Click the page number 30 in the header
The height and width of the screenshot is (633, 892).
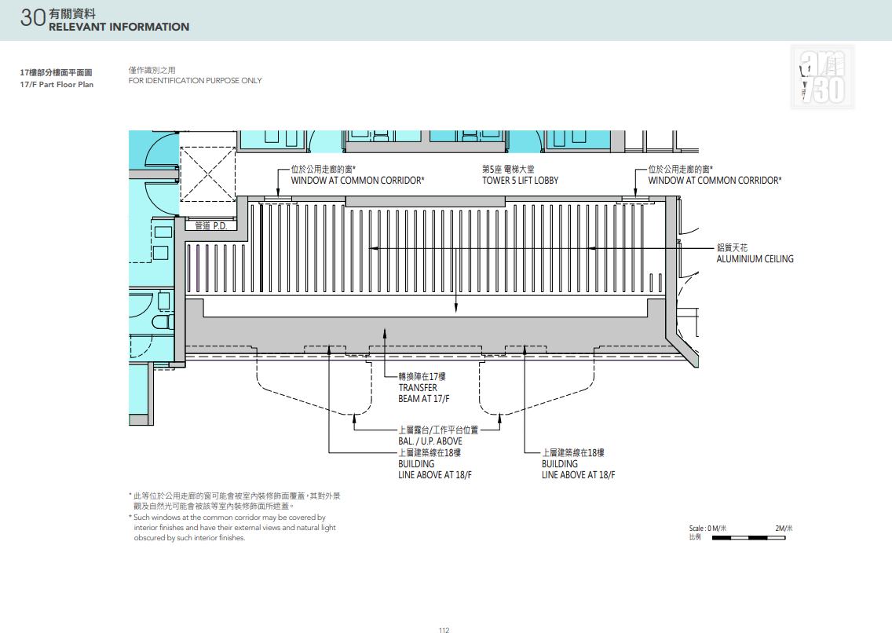32,17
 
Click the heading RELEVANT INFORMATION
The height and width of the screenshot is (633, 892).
119,27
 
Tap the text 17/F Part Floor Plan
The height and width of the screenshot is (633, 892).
57,85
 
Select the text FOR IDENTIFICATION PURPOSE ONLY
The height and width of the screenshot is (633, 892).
195,81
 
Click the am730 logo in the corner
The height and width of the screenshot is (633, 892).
823,77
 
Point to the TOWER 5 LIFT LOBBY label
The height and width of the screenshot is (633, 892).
521,181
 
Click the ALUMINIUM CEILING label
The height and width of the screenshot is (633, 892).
755,258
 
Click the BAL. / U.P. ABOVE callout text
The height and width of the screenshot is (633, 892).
430,441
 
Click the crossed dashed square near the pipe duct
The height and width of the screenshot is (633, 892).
207,174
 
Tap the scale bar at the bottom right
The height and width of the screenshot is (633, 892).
748,537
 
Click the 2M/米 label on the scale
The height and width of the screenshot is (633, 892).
784,529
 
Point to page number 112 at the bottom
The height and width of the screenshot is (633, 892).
444,630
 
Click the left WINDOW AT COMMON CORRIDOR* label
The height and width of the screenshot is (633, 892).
357,181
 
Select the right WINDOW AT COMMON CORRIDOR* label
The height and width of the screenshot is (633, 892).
715,181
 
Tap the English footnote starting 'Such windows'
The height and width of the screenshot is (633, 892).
232,528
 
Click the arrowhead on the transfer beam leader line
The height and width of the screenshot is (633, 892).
385,333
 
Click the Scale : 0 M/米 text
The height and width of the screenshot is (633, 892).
707,529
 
